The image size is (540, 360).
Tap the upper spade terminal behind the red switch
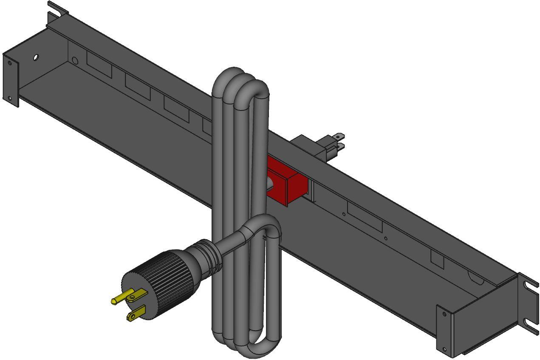(337, 137)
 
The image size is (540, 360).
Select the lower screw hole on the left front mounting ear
(9, 99)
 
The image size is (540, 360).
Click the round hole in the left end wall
(36, 57)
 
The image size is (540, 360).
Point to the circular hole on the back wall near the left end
(75, 60)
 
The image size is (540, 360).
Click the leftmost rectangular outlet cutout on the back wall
(99, 65)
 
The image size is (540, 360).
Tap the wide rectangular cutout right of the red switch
(365, 216)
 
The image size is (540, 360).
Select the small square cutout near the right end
(437, 259)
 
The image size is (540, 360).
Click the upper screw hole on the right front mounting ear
(444, 314)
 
